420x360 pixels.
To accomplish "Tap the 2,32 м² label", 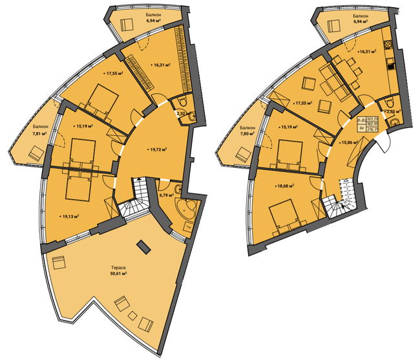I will pyautogui.click(x=183, y=114).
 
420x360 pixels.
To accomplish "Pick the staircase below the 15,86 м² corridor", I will pyautogui.click(x=341, y=207).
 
